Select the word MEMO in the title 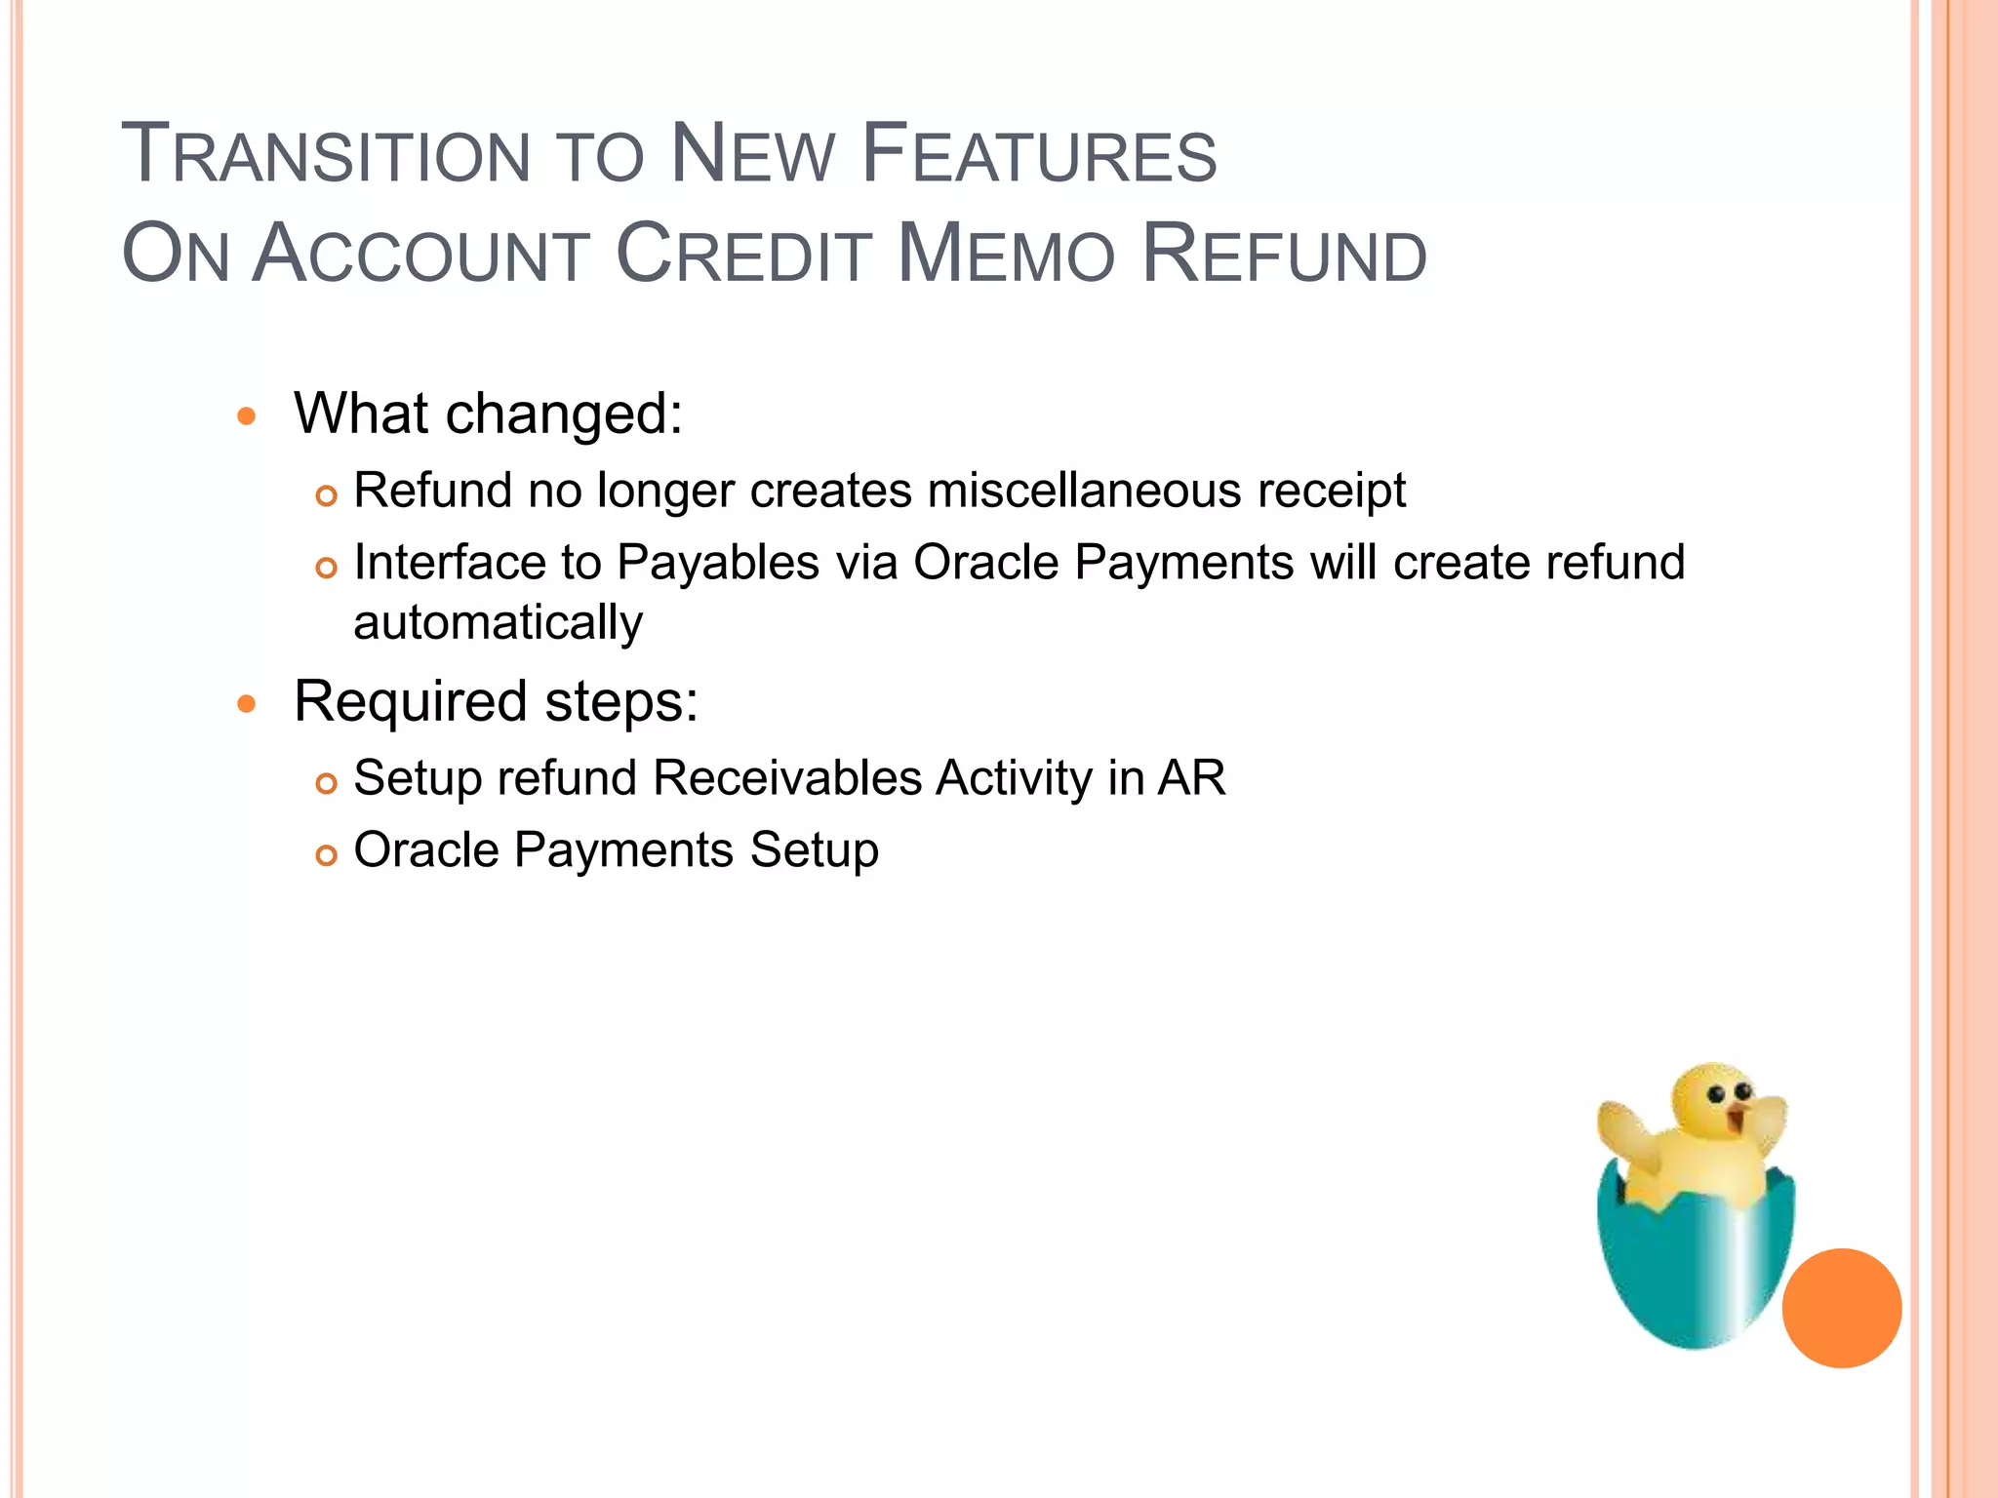tap(1005, 256)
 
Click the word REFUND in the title tap(1284, 256)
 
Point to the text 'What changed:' tap(488, 414)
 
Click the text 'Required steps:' tap(496, 701)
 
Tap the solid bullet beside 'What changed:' tap(247, 417)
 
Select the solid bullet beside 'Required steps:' tap(247, 704)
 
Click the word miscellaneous tap(1084, 490)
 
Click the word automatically tap(498, 623)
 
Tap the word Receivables tap(787, 778)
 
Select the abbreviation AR tap(1191, 778)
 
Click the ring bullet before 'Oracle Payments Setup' tap(327, 855)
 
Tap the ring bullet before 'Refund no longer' tap(327, 495)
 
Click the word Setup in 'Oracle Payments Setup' tap(814, 850)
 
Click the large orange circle tap(1841, 1308)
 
